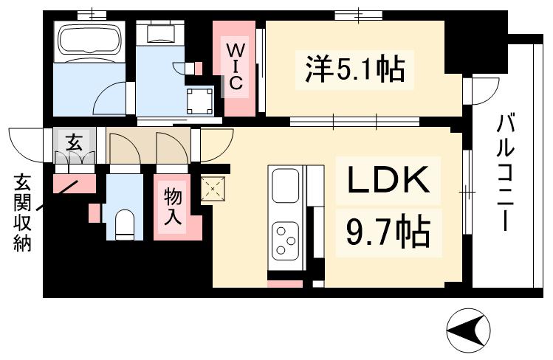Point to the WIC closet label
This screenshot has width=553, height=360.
tap(234, 66)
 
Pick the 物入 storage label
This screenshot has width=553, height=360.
tap(172, 206)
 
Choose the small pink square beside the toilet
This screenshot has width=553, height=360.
tap(94, 212)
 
